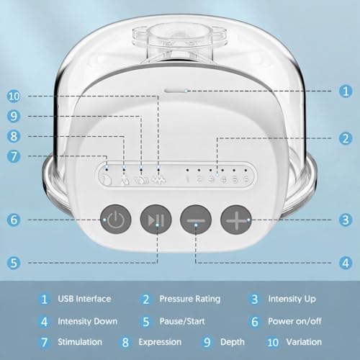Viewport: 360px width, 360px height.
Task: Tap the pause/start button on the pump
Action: click(156, 220)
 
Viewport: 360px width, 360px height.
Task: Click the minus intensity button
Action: click(196, 220)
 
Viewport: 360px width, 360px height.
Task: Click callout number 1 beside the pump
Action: click(346, 91)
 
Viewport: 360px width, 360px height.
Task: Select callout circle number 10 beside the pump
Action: click(14, 96)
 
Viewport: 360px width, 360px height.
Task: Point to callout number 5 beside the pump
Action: click(14, 263)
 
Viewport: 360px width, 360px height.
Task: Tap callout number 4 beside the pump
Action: click(346, 263)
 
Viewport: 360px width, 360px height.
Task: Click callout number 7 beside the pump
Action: click(14, 156)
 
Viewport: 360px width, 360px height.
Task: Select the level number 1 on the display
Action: click(187, 179)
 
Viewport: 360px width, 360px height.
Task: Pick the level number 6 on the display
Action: click(246, 179)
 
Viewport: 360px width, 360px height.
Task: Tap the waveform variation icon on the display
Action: click(158, 180)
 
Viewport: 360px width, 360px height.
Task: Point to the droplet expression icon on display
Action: click(125, 181)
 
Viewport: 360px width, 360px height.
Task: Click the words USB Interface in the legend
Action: click(84, 299)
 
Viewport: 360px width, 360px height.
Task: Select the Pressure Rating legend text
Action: click(190, 299)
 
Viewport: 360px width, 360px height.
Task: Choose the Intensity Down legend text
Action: click(88, 321)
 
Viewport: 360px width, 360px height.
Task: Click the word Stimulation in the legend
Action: click(80, 342)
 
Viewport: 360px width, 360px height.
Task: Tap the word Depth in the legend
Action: click(233, 342)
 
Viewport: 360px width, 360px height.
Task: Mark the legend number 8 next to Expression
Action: click(125, 342)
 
